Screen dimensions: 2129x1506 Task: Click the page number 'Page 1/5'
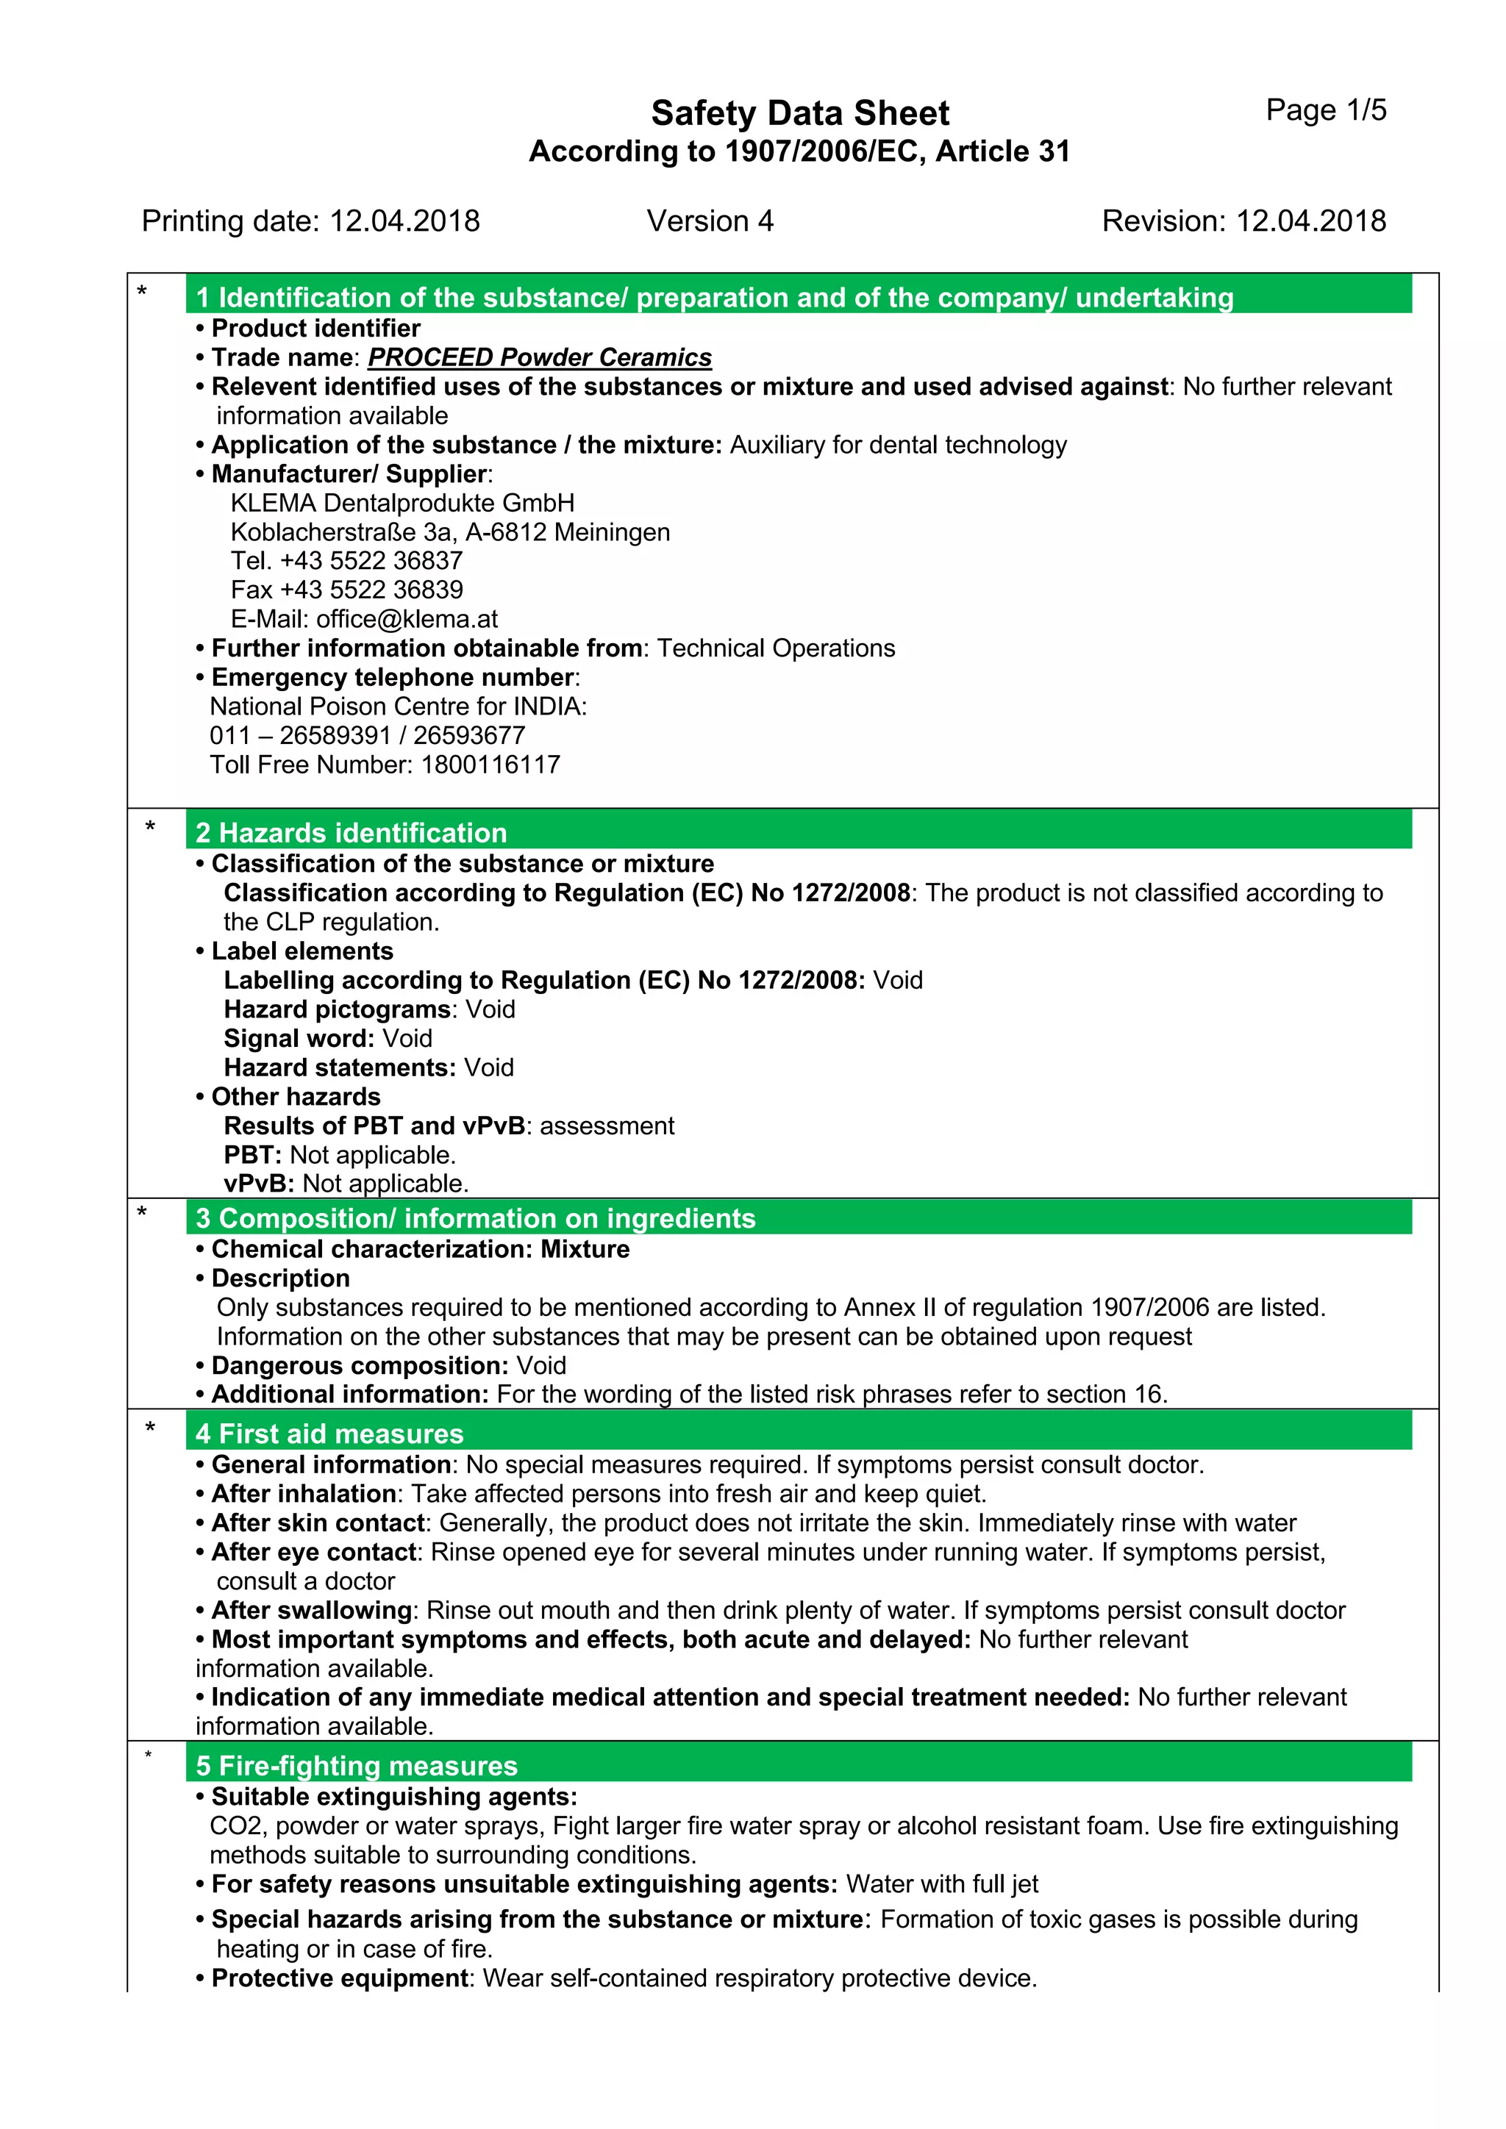pyautogui.click(x=1325, y=110)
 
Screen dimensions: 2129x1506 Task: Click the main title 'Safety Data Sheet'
pyautogui.click(x=799, y=113)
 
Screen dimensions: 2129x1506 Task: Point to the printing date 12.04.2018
pyautogui.click(x=404, y=221)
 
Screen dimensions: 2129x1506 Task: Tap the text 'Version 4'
pyautogui.click(x=710, y=221)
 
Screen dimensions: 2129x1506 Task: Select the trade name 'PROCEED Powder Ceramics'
pyautogui.click(x=540, y=358)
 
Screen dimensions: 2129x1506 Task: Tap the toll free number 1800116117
pyautogui.click(x=490, y=765)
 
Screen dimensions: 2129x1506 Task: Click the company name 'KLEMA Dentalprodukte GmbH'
pyautogui.click(x=402, y=504)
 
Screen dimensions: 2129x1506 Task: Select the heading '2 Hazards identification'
pyautogui.click(x=351, y=833)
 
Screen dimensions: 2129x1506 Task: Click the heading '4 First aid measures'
pyautogui.click(x=329, y=1434)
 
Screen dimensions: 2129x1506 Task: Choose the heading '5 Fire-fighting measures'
pyautogui.click(x=356, y=1766)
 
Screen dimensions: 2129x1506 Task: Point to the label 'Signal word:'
pyautogui.click(x=299, y=1039)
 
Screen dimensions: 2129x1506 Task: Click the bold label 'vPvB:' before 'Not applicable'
pyautogui.click(x=259, y=1184)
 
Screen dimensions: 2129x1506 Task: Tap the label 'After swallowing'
pyautogui.click(x=312, y=1611)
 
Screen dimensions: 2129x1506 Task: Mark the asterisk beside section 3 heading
pyautogui.click(x=142, y=1212)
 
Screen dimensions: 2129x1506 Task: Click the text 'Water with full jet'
pyautogui.click(x=941, y=1884)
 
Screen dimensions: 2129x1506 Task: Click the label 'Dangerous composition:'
pyautogui.click(x=360, y=1366)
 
